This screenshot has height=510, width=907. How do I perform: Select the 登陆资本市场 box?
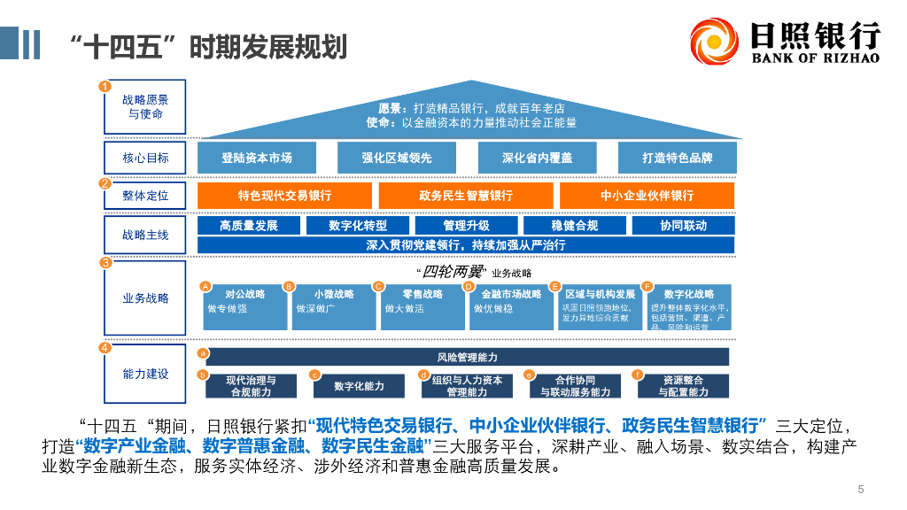257,158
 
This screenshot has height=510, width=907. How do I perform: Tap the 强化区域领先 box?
397,158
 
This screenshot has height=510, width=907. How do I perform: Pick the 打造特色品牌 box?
678,158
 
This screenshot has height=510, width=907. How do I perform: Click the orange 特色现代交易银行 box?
284,196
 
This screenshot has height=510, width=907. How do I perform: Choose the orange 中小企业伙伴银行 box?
647,196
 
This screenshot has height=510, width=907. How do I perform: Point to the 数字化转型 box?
358,226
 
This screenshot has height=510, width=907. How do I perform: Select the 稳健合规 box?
574,226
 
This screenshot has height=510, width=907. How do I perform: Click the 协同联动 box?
683,226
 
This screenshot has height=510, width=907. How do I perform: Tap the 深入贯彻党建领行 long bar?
466,245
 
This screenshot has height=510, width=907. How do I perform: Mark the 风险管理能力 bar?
467,357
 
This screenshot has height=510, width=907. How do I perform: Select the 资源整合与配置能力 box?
683,385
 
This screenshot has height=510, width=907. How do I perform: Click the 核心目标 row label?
145,158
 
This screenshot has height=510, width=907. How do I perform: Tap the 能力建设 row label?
145,374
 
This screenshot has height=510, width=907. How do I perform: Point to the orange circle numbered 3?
105,262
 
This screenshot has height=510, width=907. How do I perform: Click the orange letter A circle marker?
205,286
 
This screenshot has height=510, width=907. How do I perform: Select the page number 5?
860,489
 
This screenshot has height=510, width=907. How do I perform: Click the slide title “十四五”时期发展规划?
207,46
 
